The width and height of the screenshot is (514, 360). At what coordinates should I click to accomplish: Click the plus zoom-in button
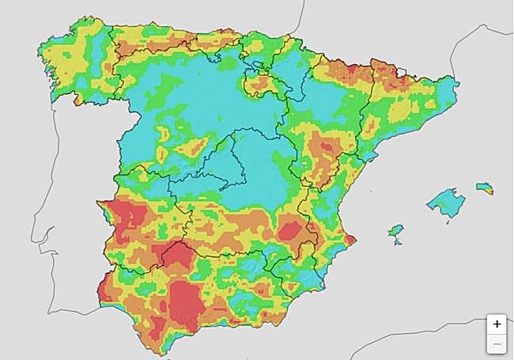497,324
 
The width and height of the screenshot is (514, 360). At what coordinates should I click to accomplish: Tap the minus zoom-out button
497,343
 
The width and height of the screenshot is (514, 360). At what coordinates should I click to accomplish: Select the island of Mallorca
444,201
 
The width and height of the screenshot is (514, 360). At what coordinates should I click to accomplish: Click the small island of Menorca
484,188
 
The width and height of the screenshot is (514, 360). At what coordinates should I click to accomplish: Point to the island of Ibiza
396,230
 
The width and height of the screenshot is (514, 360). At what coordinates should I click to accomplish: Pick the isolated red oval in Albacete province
290,229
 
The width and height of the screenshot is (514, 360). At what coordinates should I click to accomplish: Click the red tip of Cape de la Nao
351,239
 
